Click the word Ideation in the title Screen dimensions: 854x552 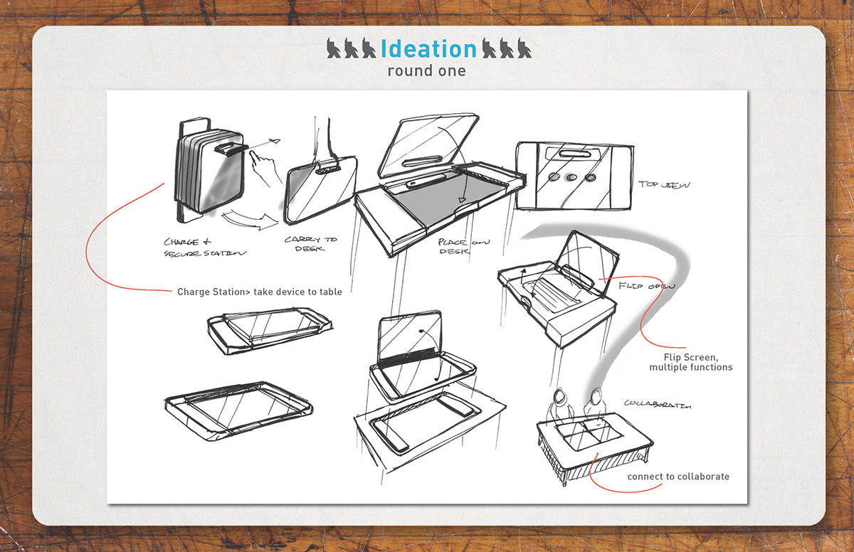pyautogui.click(x=428, y=48)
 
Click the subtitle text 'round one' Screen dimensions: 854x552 pyautogui.click(x=426, y=71)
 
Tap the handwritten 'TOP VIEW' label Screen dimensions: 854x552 pyautogui.click(x=664, y=185)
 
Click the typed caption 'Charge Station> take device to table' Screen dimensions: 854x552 pyautogui.click(x=260, y=292)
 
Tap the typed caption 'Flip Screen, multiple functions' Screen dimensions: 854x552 pyautogui.click(x=690, y=362)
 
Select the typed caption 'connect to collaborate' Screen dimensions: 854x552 pyautogui.click(x=678, y=476)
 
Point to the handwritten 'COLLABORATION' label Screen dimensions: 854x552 pyautogui.click(x=657, y=404)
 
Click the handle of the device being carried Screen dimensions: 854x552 pyautogui.click(x=327, y=169)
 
